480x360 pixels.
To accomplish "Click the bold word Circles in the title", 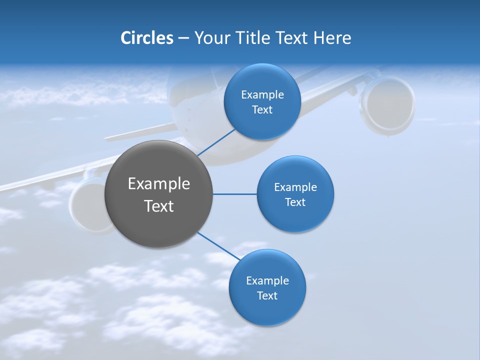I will tap(146, 38).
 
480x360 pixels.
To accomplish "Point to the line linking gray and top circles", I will tap(216, 142).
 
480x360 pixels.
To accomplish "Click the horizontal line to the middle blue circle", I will tap(234, 194).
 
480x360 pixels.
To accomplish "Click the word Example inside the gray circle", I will tap(158, 184).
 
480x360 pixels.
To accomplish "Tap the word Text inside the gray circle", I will tap(158, 206).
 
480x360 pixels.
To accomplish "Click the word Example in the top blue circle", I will tap(262, 94).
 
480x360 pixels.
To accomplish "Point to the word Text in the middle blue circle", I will tap(295, 202).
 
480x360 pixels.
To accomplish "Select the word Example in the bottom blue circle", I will tap(267, 280).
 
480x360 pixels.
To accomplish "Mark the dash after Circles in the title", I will tap(183, 38).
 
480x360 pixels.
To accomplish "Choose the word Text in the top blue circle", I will tap(262, 109).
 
